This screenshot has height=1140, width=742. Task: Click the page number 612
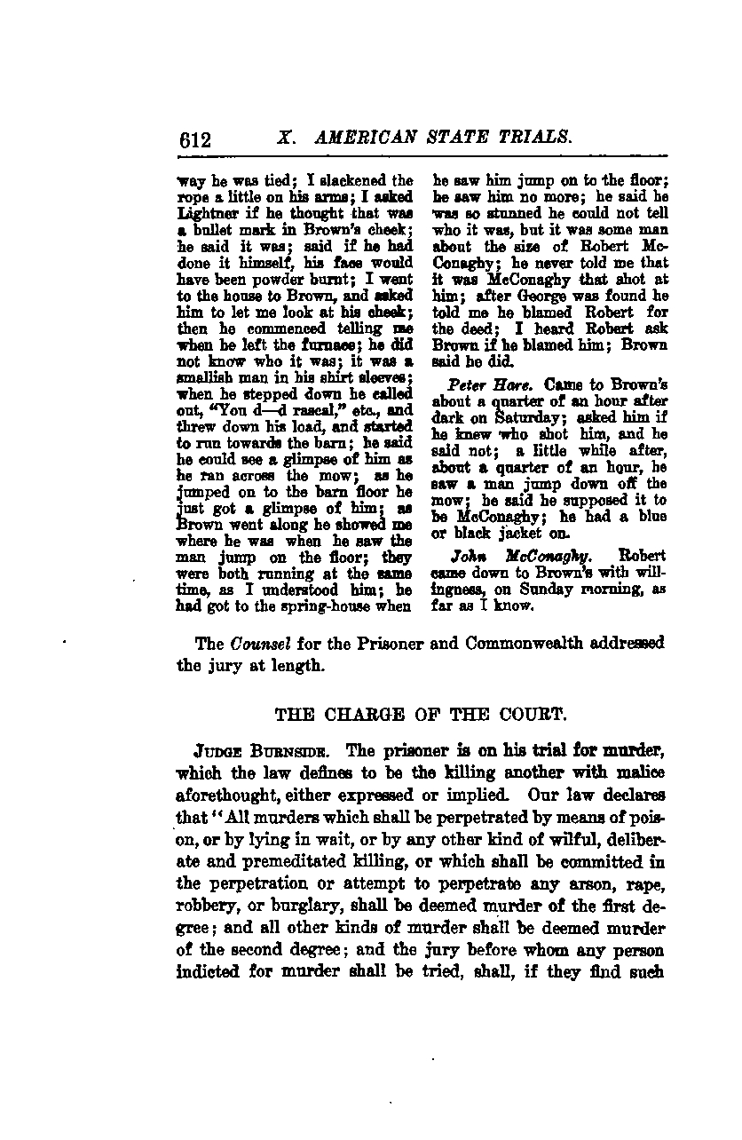point(193,139)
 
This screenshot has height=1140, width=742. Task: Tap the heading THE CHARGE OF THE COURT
point(396,713)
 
